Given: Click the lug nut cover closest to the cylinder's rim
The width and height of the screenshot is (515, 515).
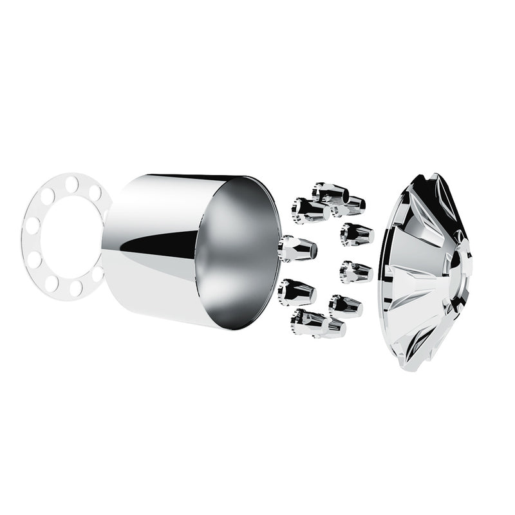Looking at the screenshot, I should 297,248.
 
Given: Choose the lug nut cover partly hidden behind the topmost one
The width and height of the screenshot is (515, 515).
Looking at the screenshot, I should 351,205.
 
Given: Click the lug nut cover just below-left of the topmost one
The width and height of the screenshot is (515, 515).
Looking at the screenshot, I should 310,210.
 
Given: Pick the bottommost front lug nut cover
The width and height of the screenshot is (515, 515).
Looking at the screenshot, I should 317,323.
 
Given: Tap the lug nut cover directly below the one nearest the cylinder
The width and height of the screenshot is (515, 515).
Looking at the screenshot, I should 297,292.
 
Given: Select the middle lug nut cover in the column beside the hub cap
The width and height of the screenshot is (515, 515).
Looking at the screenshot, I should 355,272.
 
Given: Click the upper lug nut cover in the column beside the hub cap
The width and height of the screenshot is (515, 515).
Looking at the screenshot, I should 357,234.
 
